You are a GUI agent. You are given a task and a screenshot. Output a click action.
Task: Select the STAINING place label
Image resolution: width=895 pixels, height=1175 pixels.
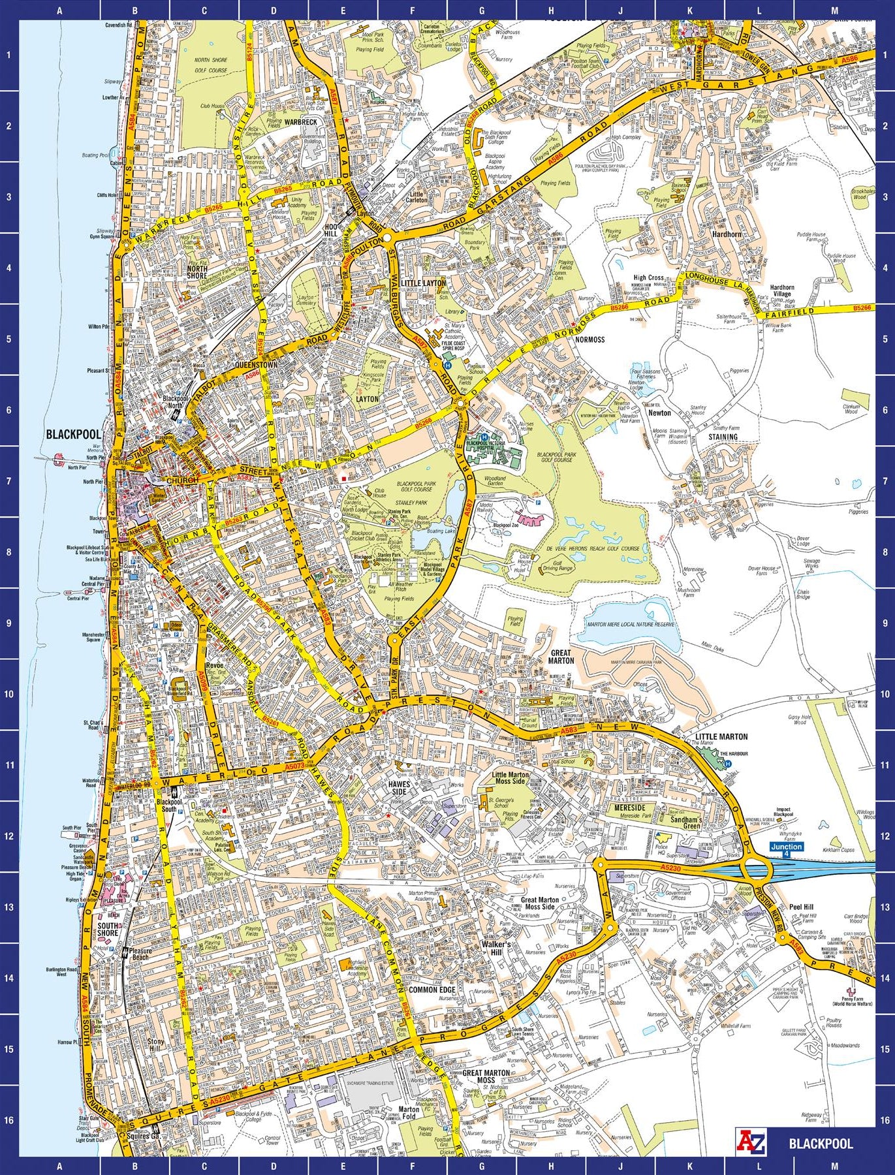[x=723, y=437]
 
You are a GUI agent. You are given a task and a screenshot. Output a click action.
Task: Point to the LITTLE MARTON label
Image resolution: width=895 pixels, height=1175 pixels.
[x=721, y=736]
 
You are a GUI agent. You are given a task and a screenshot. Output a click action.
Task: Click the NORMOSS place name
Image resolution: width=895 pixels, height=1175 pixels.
[x=589, y=339]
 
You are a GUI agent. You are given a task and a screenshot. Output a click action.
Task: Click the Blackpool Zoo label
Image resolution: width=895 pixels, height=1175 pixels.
[x=505, y=525]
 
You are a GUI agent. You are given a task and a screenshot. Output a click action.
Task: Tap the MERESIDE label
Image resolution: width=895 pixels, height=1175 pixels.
[x=630, y=807]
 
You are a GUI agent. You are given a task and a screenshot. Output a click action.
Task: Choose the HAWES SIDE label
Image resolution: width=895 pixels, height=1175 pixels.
[x=398, y=787]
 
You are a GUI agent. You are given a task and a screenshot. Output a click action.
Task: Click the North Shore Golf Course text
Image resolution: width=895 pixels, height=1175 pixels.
[x=210, y=65]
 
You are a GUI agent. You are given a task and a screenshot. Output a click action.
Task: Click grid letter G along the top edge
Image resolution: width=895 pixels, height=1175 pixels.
[x=482, y=10]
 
